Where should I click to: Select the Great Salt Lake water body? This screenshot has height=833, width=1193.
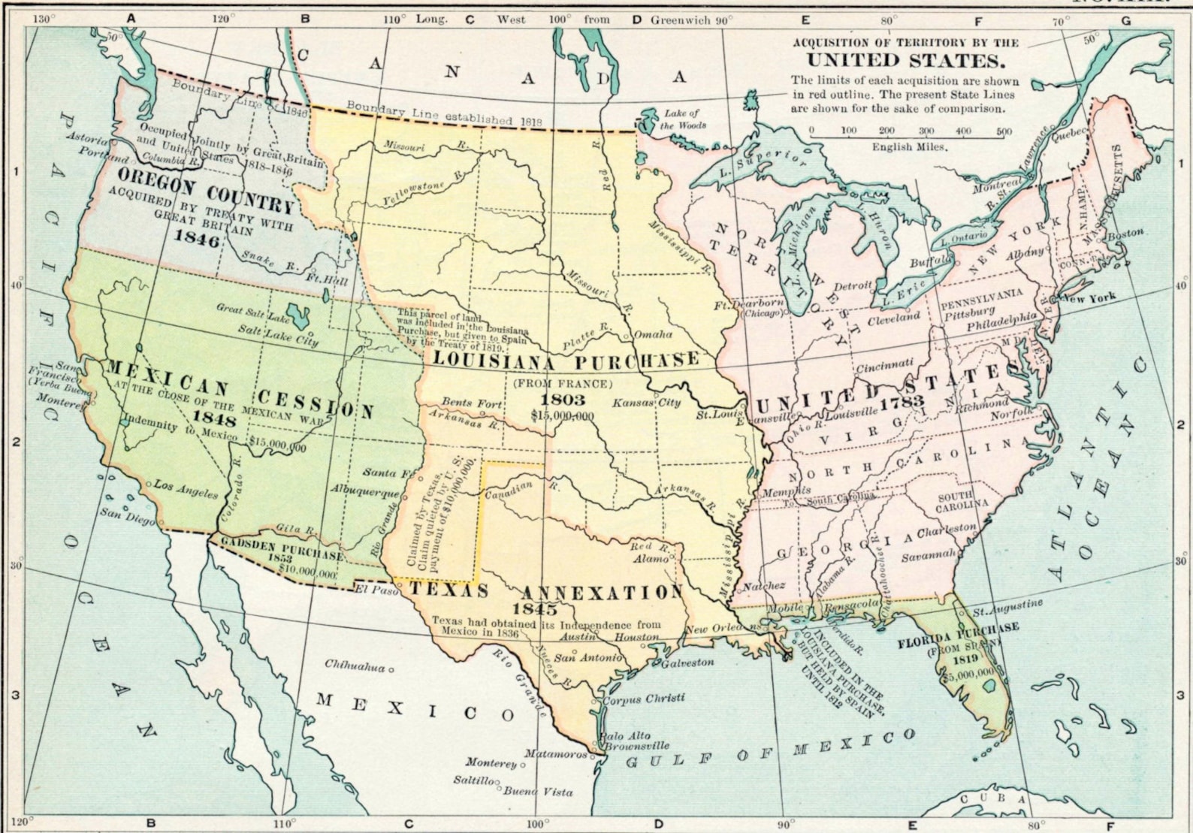coord(300,315)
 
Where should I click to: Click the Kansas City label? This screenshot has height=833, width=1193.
coord(646,403)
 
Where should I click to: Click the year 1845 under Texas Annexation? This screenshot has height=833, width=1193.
coord(535,608)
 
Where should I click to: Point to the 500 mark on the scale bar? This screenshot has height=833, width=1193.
coord(1004,131)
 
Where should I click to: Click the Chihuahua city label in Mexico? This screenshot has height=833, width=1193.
coord(355,665)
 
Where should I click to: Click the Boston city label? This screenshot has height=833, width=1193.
coord(1125,234)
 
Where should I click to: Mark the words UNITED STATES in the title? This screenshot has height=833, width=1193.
coord(905,62)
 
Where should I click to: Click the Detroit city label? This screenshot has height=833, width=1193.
coord(853,285)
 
